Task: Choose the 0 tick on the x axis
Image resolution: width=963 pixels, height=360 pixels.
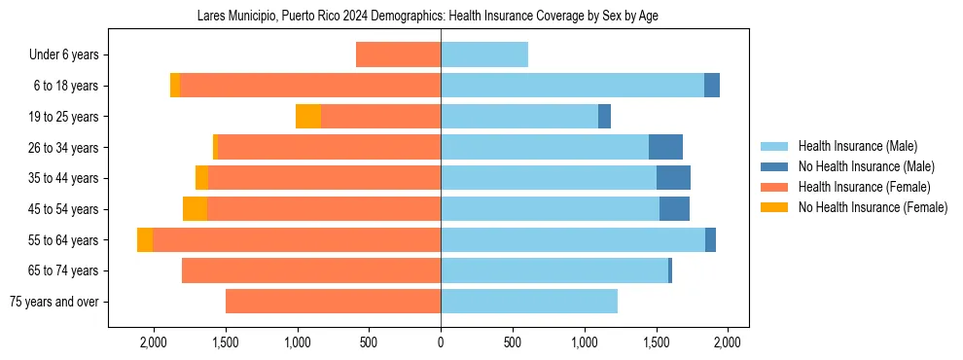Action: (441, 342)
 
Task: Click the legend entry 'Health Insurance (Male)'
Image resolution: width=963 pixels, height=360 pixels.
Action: (857, 146)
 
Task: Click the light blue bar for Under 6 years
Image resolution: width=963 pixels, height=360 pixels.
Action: (484, 54)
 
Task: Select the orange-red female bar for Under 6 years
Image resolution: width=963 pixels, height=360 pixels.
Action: (398, 54)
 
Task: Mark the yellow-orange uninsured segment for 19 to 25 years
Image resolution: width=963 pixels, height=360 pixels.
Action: (308, 117)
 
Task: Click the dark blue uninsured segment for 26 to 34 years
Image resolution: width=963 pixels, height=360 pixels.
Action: (665, 147)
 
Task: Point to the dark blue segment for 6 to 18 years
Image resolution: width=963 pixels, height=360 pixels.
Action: (712, 86)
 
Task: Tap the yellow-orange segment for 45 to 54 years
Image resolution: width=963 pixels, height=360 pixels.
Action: (195, 209)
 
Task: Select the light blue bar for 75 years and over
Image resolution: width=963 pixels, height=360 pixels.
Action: (529, 302)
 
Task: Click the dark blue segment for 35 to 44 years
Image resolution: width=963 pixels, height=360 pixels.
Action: (673, 178)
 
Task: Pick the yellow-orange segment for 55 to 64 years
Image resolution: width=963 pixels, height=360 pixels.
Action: (145, 240)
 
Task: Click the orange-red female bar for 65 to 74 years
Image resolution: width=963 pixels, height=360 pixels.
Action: (311, 270)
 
